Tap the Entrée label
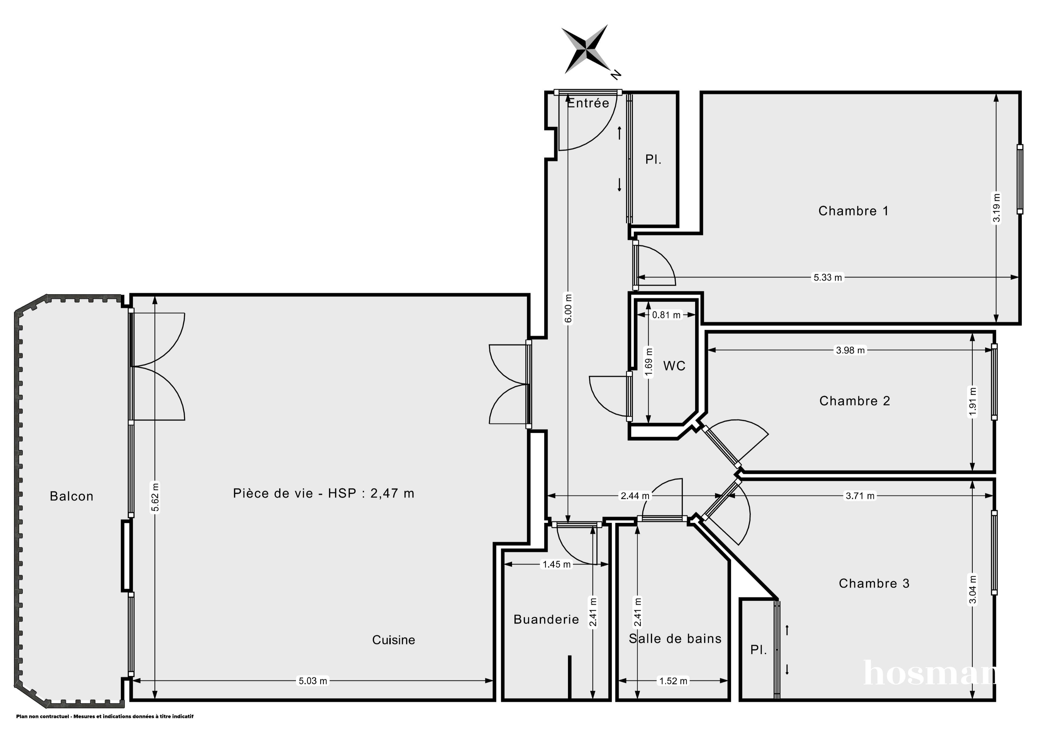[x=588, y=103]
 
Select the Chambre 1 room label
[x=853, y=211]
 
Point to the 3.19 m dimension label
[x=996, y=208]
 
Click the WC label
[x=674, y=366]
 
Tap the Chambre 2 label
[x=854, y=401]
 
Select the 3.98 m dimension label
[x=850, y=350]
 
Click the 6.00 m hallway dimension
[x=568, y=309]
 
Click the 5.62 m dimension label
[x=155, y=497]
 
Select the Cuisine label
[x=393, y=640]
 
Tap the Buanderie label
[x=546, y=619]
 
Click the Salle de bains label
[x=675, y=639]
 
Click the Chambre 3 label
[x=874, y=583]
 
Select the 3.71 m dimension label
[x=860, y=496]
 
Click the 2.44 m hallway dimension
[x=635, y=496]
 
